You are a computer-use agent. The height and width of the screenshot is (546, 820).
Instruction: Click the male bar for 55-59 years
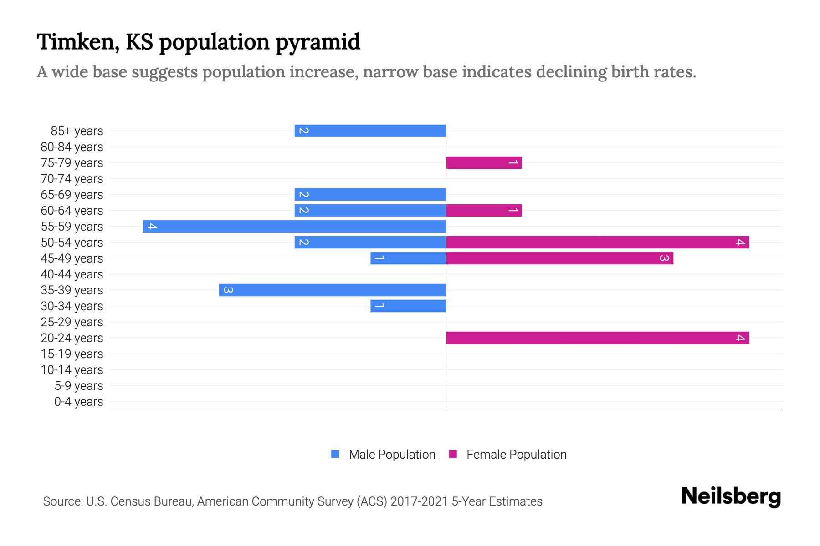294,226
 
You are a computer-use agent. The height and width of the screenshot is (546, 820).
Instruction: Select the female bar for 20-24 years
597,338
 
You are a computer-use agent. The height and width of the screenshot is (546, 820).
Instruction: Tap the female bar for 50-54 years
597,242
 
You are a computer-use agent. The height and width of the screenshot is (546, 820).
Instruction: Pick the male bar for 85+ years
370,131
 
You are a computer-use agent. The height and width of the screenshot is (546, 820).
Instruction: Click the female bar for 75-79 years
484,162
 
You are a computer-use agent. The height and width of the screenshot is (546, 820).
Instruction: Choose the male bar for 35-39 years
332,290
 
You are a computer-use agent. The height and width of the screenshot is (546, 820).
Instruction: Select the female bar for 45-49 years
559,258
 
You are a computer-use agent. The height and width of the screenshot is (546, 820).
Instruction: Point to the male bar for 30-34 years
408,306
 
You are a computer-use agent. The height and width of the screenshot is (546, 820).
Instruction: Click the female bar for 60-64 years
484,210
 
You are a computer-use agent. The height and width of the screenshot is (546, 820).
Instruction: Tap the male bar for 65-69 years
370,194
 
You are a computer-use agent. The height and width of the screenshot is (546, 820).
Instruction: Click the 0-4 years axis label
78,402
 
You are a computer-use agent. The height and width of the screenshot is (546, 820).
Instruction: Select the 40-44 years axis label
72,274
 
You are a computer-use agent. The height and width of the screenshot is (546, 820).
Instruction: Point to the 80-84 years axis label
72,147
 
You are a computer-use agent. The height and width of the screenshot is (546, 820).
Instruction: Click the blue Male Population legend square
335,454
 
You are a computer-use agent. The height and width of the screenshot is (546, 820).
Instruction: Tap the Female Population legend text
516,455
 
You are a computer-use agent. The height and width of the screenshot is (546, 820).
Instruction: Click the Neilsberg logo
731,496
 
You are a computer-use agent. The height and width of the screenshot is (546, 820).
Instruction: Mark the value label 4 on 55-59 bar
152,226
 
